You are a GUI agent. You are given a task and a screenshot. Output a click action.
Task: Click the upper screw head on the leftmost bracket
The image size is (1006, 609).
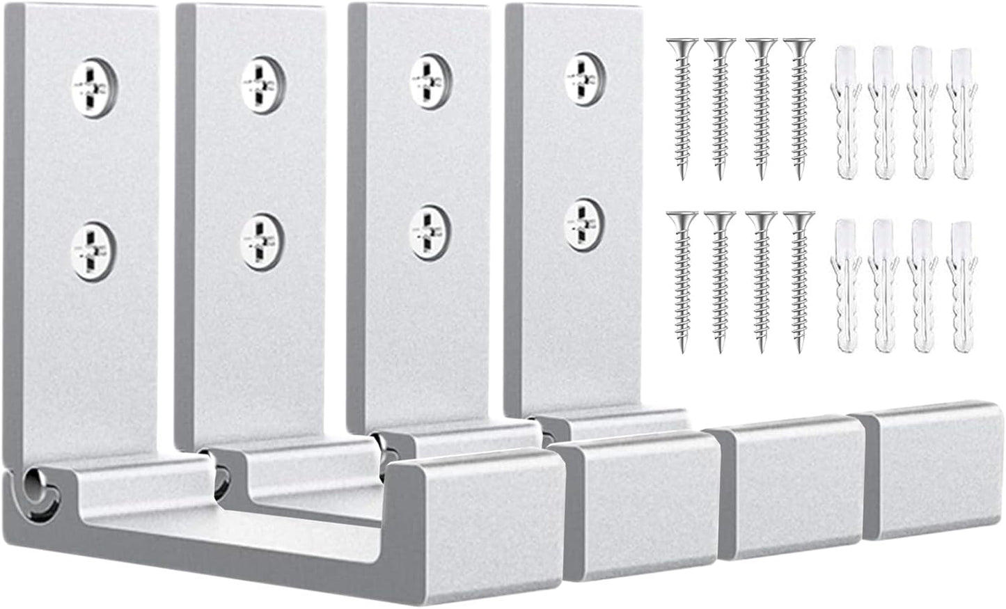95,88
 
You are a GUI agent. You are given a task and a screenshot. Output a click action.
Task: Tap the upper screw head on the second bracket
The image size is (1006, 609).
262,81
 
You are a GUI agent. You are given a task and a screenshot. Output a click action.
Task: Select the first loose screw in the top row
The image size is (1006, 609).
682,104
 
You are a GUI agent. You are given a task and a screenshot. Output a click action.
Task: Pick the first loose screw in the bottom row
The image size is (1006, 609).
682,278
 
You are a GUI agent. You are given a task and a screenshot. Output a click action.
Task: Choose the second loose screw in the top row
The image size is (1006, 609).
720,104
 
